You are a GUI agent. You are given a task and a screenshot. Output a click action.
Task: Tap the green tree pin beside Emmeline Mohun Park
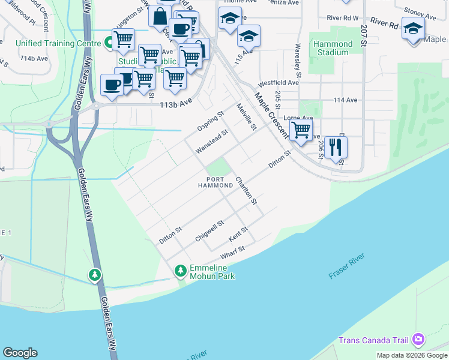click(x=180, y=271)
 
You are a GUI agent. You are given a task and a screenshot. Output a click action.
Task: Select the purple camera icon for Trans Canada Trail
click(x=418, y=340)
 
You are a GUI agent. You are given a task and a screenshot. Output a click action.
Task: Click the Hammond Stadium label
click(x=333, y=48)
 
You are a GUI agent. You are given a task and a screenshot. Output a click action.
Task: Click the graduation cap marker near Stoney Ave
click(x=412, y=28)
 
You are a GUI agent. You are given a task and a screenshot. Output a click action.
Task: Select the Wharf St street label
click(x=233, y=253)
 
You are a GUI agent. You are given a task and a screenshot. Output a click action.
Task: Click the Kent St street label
click(x=238, y=234)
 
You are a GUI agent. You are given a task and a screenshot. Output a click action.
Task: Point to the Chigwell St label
click(x=209, y=231)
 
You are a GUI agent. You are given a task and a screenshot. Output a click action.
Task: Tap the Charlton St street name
click(x=246, y=190)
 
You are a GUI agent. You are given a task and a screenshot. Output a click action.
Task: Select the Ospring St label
click(x=210, y=121)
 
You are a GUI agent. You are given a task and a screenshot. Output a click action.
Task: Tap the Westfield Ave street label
click(x=278, y=82)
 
